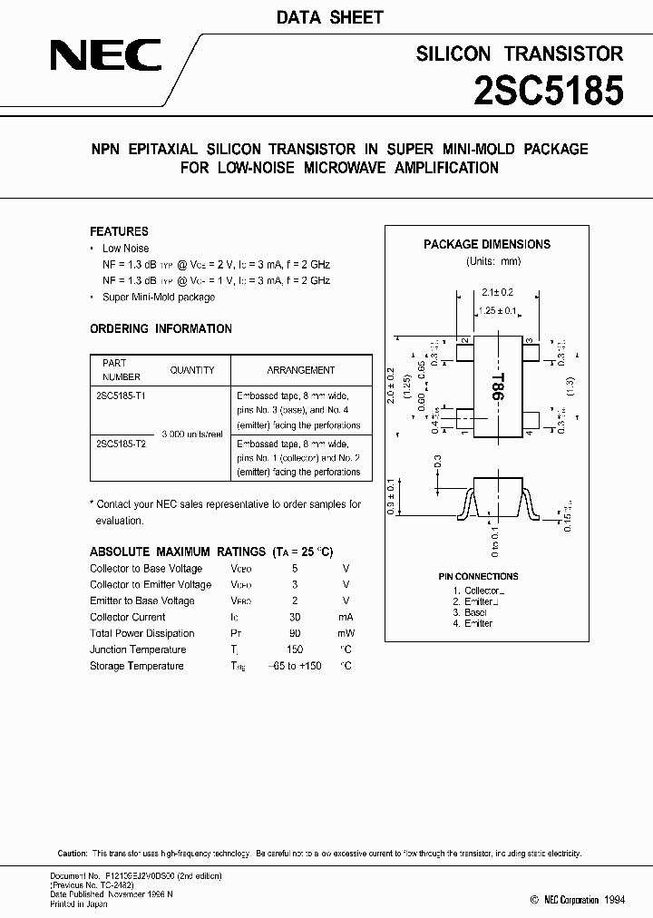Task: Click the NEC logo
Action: [106, 59]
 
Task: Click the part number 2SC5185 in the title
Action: [550, 92]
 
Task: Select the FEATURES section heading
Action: [119, 231]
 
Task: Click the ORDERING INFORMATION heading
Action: [161, 328]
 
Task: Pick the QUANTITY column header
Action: [192, 370]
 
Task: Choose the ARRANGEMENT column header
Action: [301, 370]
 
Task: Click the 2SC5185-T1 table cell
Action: [120, 396]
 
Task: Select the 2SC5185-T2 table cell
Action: [120, 444]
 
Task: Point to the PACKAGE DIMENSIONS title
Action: [487, 244]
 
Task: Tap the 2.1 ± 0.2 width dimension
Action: [497, 293]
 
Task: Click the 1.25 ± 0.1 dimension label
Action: [497, 310]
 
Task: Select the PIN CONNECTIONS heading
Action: [478, 576]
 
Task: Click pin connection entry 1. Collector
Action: [478, 591]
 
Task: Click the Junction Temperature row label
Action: [138, 649]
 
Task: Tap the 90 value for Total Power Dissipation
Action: [295, 633]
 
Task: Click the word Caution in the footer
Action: [73, 854]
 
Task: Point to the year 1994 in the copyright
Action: [614, 899]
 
